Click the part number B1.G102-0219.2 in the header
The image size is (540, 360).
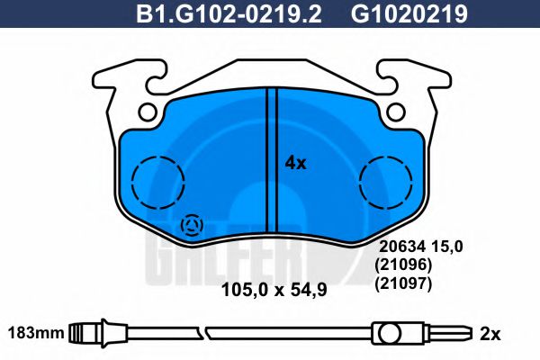pyautogui.click(x=229, y=14)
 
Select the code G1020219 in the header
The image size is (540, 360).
pyautogui.click(x=409, y=14)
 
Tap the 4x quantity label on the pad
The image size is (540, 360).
pyautogui.click(x=295, y=163)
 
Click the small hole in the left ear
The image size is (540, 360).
pyautogui.click(x=148, y=112)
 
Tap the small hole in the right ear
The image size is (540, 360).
pyautogui.click(x=395, y=112)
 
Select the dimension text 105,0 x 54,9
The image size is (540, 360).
pyautogui.click(x=274, y=290)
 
